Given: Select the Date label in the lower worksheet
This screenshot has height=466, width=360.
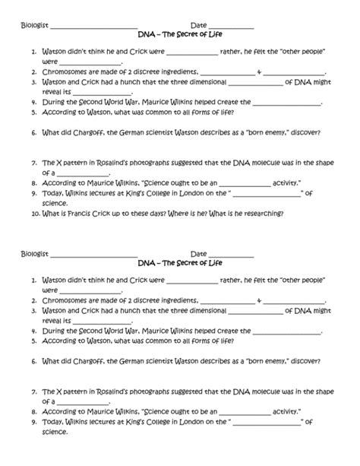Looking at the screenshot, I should (198, 253).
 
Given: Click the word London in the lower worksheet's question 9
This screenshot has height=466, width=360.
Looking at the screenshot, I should (183, 421).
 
